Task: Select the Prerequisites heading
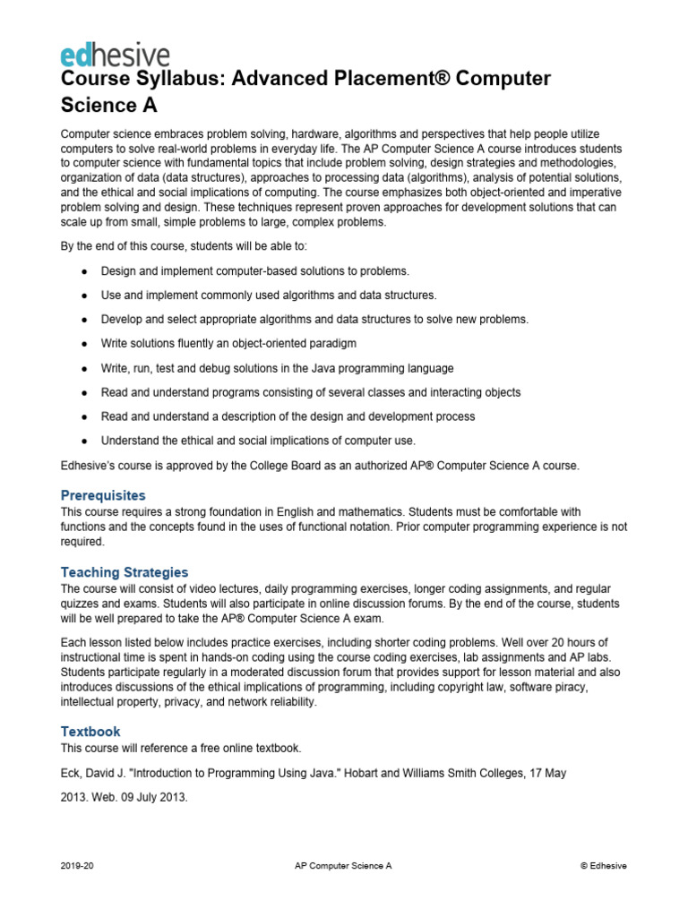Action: click(102, 495)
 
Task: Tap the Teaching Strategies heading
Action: click(125, 572)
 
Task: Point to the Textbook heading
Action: click(90, 732)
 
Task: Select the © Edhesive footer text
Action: click(604, 866)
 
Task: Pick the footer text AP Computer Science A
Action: click(343, 866)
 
